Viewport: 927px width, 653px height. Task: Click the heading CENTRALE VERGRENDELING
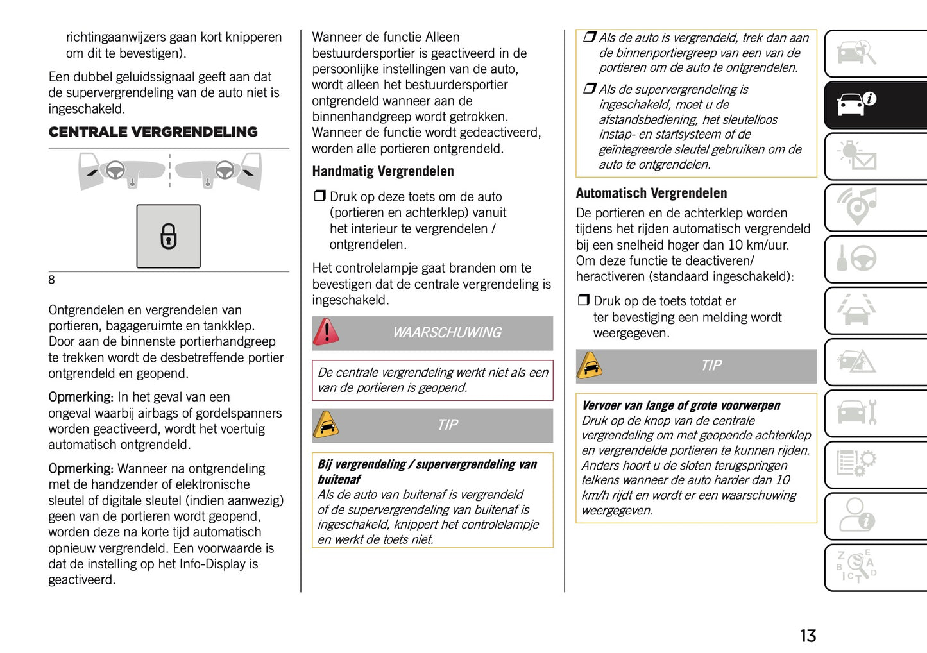point(153,132)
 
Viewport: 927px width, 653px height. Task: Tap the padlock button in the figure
point(168,236)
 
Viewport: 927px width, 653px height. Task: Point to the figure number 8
point(52,280)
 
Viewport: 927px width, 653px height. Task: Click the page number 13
point(807,636)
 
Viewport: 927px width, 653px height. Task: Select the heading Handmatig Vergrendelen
point(383,171)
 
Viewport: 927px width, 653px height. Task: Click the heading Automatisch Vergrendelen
point(651,193)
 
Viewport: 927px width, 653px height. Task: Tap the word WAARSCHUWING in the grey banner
point(447,332)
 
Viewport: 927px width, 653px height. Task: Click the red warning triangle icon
point(327,332)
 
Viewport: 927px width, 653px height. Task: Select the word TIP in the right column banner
point(711,366)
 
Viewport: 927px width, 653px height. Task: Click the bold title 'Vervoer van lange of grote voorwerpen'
point(681,405)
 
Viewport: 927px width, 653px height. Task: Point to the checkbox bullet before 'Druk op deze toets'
point(319,196)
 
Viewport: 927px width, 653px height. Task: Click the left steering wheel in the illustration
point(115,169)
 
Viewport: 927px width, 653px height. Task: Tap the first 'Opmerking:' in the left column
point(81,397)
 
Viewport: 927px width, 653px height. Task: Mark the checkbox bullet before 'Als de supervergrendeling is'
point(589,89)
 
